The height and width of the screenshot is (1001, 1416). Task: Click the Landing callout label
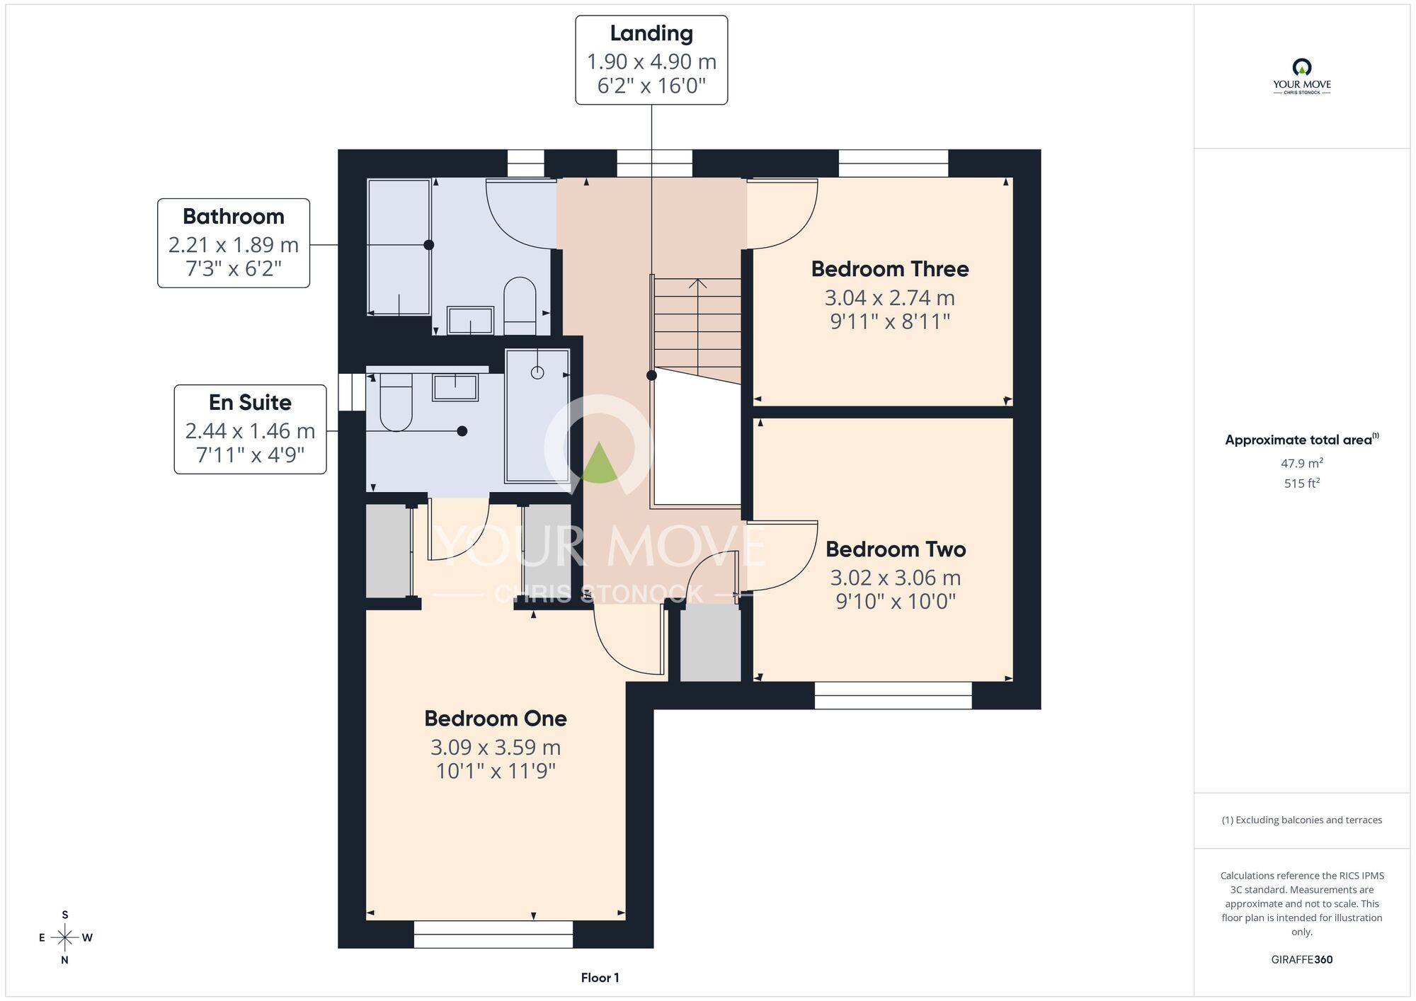tap(651, 60)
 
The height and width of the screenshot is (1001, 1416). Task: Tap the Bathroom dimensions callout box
tap(234, 243)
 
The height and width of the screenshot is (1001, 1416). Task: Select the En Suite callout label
tap(250, 429)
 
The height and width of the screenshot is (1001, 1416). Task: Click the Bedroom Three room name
tap(890, 269)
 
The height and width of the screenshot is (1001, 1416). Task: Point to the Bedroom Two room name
tap(896, 549)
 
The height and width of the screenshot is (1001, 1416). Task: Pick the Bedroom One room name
tap(496, 719)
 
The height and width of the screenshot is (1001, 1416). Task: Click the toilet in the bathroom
tap(520, 306)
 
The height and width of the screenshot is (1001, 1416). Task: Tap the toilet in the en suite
tap(396, 402)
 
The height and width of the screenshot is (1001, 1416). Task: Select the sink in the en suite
tap(455, 387)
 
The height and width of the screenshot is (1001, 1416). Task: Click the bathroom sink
tap(470, 320)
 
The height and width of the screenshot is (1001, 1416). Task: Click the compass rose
tap(65, 938)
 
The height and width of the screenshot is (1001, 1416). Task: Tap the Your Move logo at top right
tap(1302, 76)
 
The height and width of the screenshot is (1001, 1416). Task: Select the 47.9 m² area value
tap(1302, 463)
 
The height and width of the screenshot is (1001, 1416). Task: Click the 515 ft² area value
tap(1302, 484)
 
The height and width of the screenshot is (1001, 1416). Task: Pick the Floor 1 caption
tap(600, 978)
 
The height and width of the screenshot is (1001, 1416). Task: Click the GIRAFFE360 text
tap(1302, 960)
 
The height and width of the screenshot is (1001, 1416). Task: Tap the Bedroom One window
tap(493, 934)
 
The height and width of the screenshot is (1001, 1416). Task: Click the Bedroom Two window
tap(893, 695)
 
